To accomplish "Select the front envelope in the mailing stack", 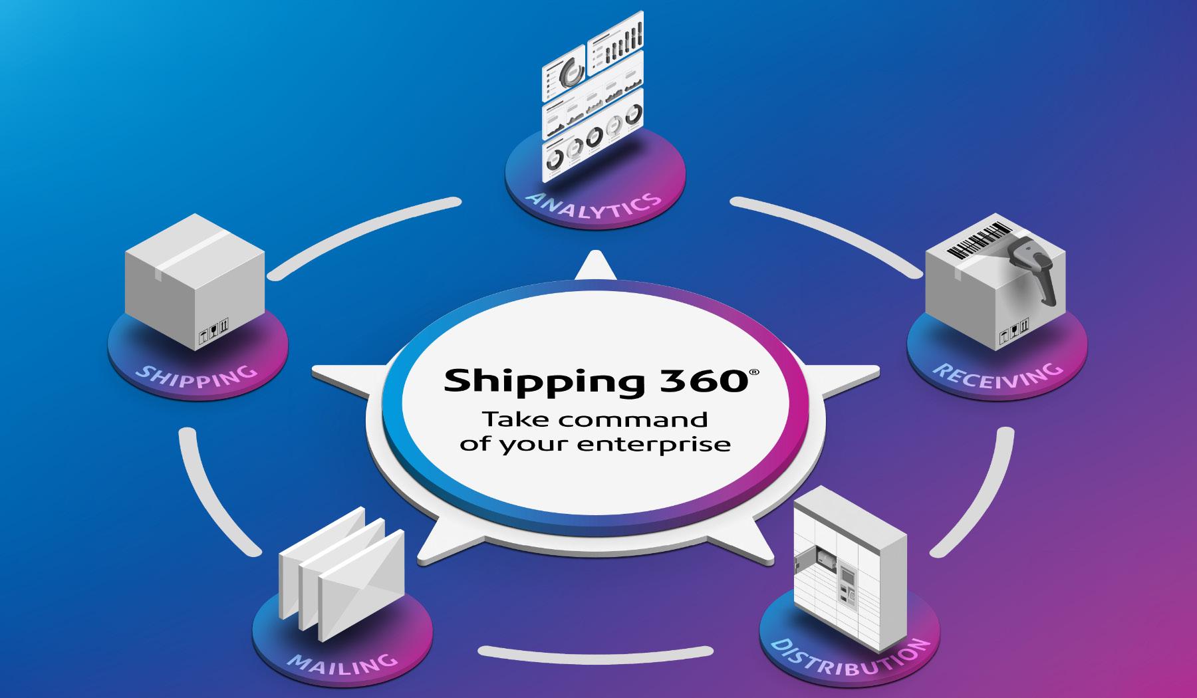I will pos(360,585).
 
